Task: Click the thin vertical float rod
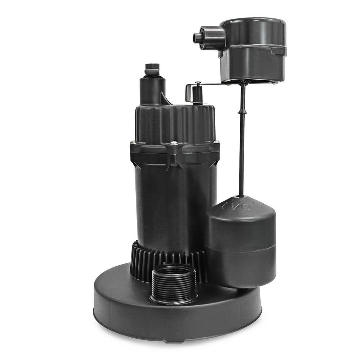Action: point(242,144)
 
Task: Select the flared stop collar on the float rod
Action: point(242,112)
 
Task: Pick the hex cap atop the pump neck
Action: point(152,68)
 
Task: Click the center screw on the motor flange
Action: point(174,143)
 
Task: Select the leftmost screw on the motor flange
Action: point(132,142)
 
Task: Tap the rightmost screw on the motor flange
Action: point(216,141)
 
